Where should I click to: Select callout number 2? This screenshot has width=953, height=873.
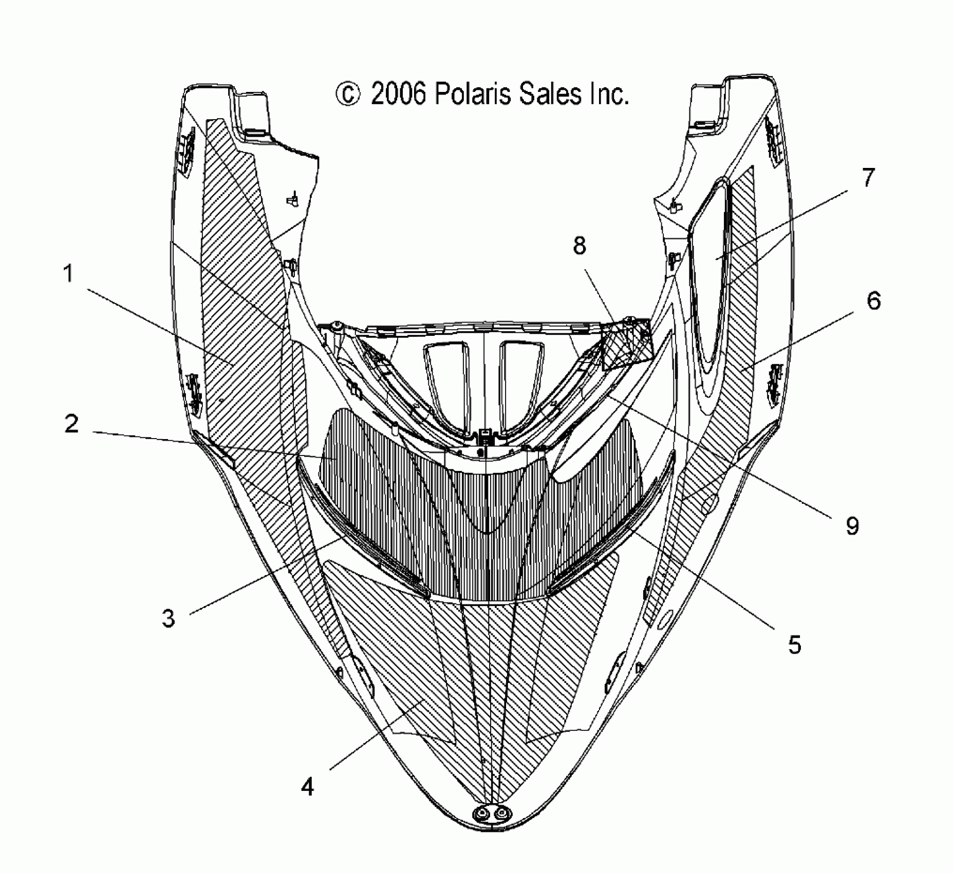click(x=71, y=424)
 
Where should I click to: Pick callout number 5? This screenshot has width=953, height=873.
click(x=794, y=644)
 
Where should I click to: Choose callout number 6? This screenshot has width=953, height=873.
click(x=873, y=301)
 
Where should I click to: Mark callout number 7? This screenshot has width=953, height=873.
click(x=867, y=178)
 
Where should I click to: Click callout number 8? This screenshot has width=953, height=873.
click(x=579, y=246)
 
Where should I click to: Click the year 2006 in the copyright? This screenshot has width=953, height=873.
click(x=399, y=95)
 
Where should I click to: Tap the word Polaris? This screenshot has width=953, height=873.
click(x=473, y=95)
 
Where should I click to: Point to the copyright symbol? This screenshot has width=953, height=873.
click(x=347, y=95)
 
